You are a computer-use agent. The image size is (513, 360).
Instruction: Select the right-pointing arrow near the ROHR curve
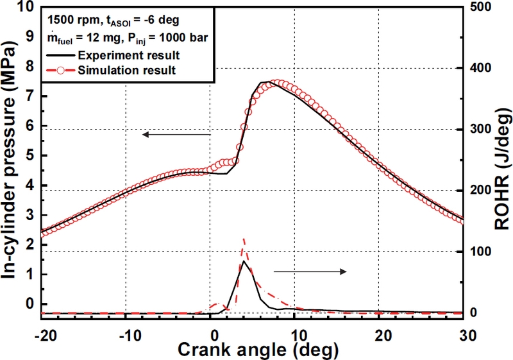(310, 272)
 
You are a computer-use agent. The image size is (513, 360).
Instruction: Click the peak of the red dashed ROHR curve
(244, 239)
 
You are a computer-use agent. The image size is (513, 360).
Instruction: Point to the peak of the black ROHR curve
(244, 261)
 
